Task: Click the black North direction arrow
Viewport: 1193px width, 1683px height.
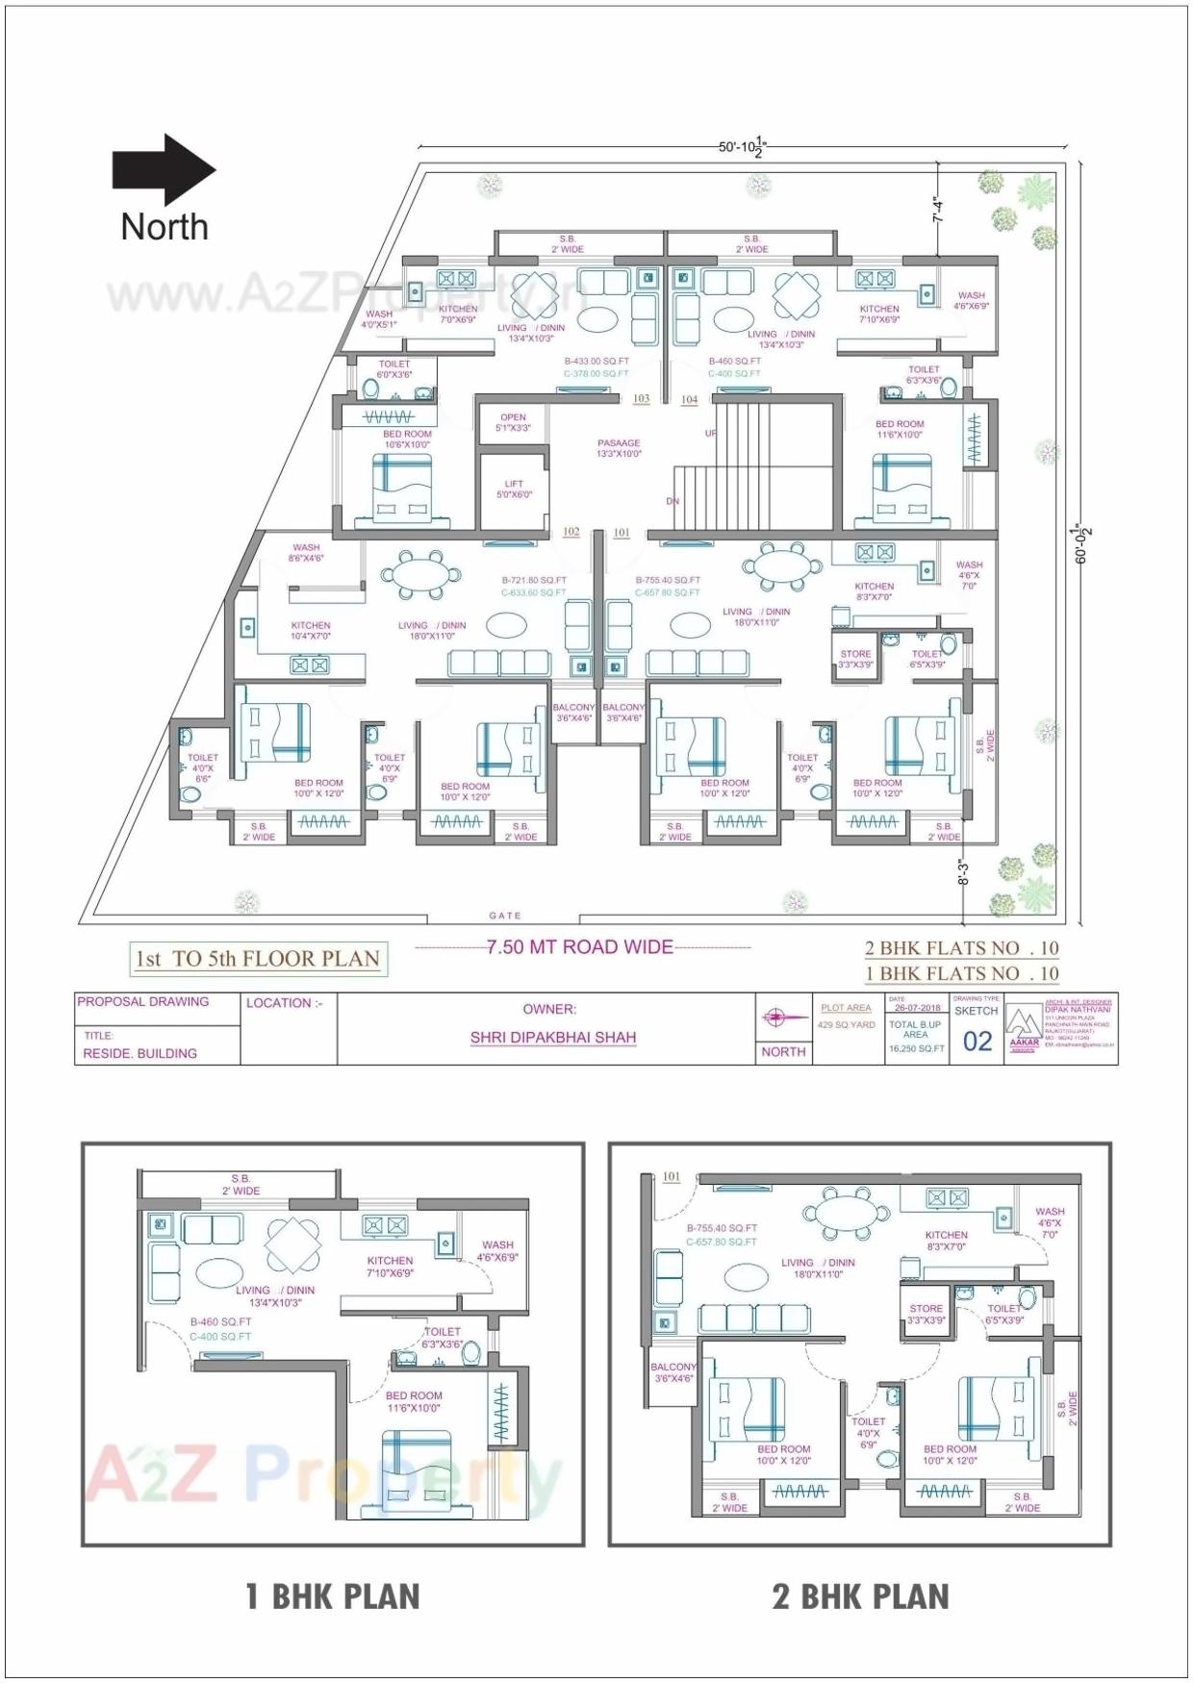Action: point(164,170)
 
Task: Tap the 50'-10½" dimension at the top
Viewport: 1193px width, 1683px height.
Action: point(742,147)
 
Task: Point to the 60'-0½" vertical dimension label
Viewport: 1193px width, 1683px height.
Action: point(1082,543)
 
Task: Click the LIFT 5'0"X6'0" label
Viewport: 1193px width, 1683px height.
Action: point(514,490)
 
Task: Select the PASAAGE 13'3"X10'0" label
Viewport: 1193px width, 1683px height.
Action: point(619,448)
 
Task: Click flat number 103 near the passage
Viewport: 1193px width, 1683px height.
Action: point(641,399)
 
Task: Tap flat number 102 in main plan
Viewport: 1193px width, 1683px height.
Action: point(571,532)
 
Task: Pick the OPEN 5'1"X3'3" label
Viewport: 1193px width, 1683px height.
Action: point(513,423)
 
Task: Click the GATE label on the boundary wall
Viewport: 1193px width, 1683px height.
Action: point(504,916)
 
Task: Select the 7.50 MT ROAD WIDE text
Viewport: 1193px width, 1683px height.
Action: point(580,947)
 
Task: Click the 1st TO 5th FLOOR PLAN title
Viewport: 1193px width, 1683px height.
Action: point(258,959)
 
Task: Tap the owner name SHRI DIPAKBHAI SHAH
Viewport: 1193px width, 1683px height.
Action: point(553,1038)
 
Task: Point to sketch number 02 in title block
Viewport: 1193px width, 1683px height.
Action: point(977,1042)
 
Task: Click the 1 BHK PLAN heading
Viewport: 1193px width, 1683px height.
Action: point(333,1597)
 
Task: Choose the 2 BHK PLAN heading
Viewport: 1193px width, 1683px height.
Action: point(860,1597)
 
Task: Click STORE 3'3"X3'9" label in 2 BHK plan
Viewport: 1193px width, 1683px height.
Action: point(926,1315)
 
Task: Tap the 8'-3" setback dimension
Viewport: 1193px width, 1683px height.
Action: point(962,873)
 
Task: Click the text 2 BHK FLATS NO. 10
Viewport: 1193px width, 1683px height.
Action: point(961,948)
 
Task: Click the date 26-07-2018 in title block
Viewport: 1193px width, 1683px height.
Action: point(917,1008)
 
